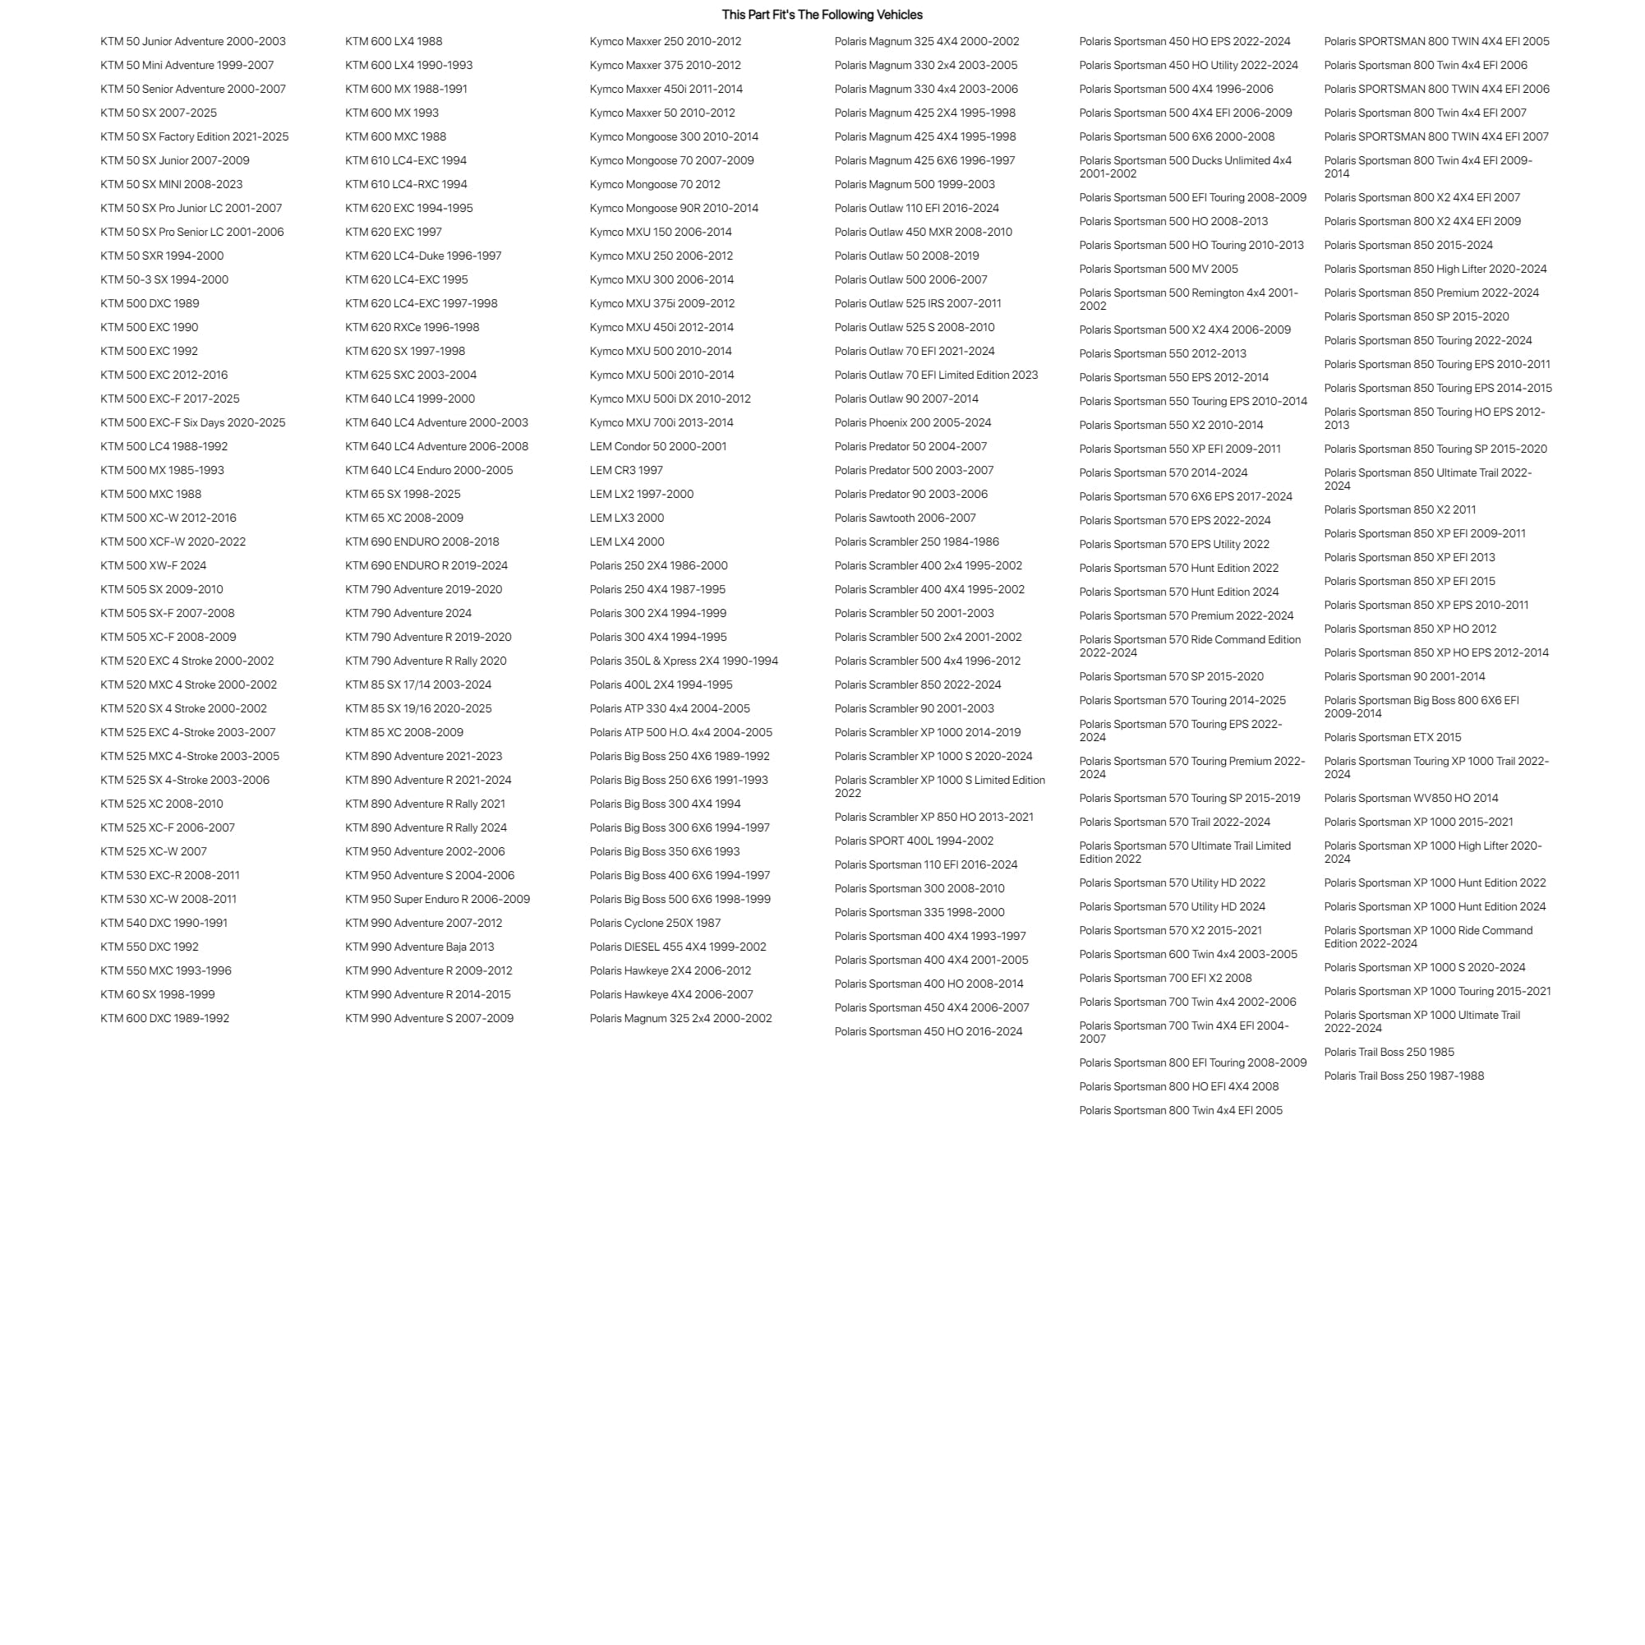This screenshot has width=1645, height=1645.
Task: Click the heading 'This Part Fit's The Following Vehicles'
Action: click(822, 15)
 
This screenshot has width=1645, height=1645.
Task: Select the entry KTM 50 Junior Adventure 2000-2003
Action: click(192, 41)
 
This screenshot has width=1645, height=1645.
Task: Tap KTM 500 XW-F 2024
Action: click(154, 565)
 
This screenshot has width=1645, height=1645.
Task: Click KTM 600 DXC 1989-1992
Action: click(164, 1018)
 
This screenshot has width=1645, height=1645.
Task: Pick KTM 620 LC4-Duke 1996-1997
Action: click(423, 256)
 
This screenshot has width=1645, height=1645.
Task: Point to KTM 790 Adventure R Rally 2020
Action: click(426, 661)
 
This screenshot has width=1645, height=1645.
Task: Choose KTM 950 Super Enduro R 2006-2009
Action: click(437, 899)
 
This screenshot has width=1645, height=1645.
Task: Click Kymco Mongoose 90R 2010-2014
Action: click(674, 208)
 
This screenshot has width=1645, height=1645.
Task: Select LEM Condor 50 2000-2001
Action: click(657, 446)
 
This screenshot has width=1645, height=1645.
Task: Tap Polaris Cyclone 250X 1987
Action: click(655, 923)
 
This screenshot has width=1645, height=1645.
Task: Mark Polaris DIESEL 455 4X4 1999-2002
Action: click(678, 947)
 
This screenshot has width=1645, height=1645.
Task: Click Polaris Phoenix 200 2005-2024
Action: click(913, 422)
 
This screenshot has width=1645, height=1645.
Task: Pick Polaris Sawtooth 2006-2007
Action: click(905, 518)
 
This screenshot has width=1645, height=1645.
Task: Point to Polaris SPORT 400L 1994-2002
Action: click(914, 841)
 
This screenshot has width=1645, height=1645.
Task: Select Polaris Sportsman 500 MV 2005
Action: click(1158, 269)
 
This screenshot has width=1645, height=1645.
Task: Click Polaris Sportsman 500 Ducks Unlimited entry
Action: click(1185, 167)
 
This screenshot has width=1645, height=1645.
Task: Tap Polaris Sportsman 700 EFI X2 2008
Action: click(1165, 979)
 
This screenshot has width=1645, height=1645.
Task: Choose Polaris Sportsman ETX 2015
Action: click(1392, 737)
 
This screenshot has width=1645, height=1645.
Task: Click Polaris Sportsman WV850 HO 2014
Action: click(1411, 799)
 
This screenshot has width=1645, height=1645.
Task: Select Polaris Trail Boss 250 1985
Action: click(1389, 1053)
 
